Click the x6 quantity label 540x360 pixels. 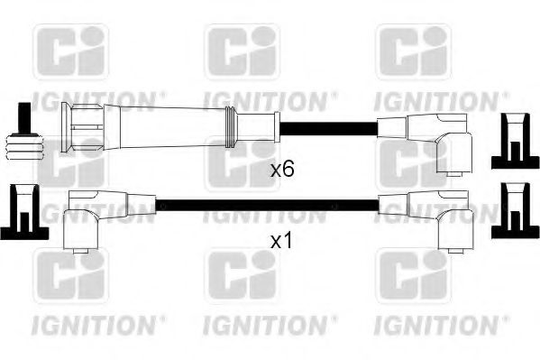(x=283, y=168)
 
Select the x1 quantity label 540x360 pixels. (x=283, y=242)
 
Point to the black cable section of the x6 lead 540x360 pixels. (x=325, y=126)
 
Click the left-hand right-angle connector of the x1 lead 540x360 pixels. (x=90, y=217)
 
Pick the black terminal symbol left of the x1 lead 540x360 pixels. (x=24, y=212)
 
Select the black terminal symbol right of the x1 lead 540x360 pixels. (x=512, y=211)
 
